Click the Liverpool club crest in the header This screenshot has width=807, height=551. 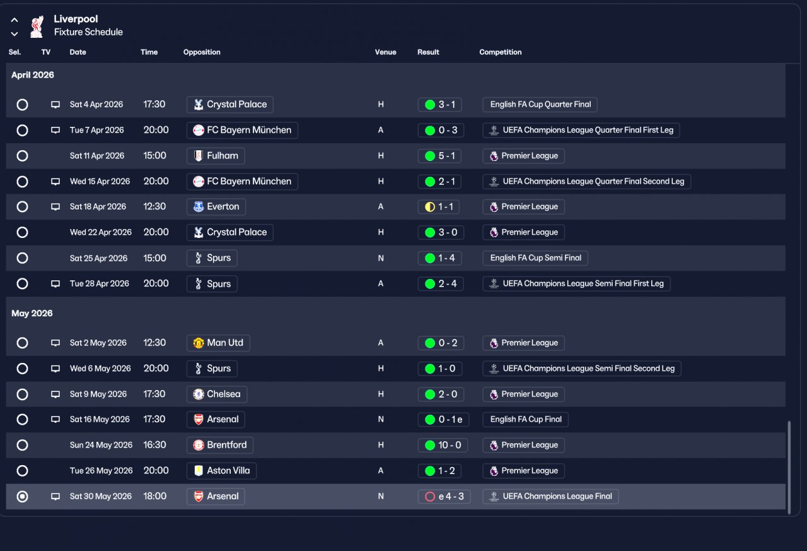pyautogui.click(x=37, y=26)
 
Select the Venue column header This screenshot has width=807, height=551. pyautogui.click(x=385, y=52)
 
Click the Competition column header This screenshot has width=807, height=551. pyautogui.click(x=500, y=52)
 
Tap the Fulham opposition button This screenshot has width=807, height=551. pyautogui.click(x=216, y=156)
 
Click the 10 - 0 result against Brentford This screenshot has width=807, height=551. pyautogui.click(x=443, y=445)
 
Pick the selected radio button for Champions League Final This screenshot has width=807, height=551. pyautogui.click(x=22, y=497)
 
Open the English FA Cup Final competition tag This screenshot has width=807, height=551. pyautogui.click(x=525, y=419)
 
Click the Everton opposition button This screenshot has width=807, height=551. pyautogui.click(x=216, y=206)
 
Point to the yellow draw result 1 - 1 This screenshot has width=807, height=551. pyautogui.click(x=441, y=206)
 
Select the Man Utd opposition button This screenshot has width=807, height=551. pyautogui.click(x=218, y=343)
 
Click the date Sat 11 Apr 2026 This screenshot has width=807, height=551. pyautogui.click(x=96, y=156)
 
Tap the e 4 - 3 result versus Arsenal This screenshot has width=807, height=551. pyautogui.click(x=444, y=497)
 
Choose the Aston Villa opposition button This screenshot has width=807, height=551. pyautogui.click(x=221, y=471)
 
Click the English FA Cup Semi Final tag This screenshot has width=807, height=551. pyautogui.click(x=535, y=258)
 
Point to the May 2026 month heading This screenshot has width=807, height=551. pyautogui.click(x=32, y=314)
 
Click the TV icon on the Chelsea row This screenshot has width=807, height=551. pyautogui.click(x=55, y=394)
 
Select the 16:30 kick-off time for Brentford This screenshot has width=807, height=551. pyautogui.click(x=154, y=445)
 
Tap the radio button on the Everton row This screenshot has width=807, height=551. pyautogui.click(x=22, y=206)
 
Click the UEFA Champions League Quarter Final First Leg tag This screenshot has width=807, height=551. pyautogui.click(x=581, y=130)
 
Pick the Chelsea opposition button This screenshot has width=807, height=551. pyautogui.click(x=217, y=394)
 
